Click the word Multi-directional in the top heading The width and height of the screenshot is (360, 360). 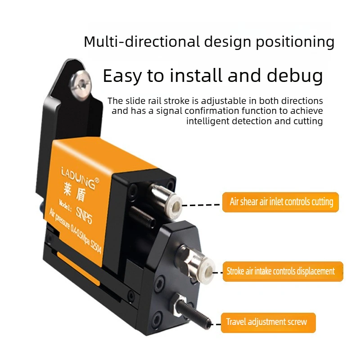142,41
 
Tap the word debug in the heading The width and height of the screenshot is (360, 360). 295,76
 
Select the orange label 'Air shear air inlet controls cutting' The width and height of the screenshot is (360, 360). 280,202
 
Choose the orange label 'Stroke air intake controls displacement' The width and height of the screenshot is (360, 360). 283,271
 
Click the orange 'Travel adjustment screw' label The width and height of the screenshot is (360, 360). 268,322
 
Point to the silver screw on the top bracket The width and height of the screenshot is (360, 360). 81,85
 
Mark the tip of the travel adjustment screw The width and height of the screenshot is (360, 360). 208,324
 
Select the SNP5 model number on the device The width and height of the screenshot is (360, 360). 84,215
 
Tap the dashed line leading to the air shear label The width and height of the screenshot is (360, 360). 201,205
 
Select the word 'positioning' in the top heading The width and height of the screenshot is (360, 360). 295,42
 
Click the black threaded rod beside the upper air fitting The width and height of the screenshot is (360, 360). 142,216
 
